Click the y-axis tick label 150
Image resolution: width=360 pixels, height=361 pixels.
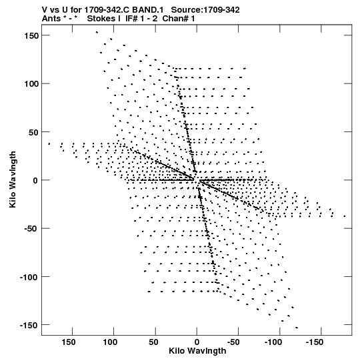point(31,36)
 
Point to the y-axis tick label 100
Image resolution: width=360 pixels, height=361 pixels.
point(31,84)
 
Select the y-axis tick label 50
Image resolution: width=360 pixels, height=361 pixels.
point(33,132)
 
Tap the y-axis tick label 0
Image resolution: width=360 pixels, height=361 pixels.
point(35,180)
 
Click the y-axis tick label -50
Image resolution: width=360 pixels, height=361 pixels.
point(31,229)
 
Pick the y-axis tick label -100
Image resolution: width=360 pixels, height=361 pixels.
point(29,277)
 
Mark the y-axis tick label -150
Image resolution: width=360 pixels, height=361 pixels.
point(29,326)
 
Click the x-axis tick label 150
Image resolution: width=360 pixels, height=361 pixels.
point(68,342)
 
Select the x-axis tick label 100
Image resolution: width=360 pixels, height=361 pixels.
point(110,342)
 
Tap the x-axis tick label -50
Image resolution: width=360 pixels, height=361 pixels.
point(233,342)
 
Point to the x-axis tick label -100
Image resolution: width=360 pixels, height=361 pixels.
point(273,342)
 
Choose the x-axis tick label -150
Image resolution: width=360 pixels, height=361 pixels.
point(315,342)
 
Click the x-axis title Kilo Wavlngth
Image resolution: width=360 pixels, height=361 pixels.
point(197,351)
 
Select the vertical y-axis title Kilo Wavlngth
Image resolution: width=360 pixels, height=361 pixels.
point(13,179)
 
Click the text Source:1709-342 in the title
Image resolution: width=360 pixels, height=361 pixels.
point(205,10)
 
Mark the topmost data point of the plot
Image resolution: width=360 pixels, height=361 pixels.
point(97,32)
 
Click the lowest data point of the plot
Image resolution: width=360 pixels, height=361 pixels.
point(297,328)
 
